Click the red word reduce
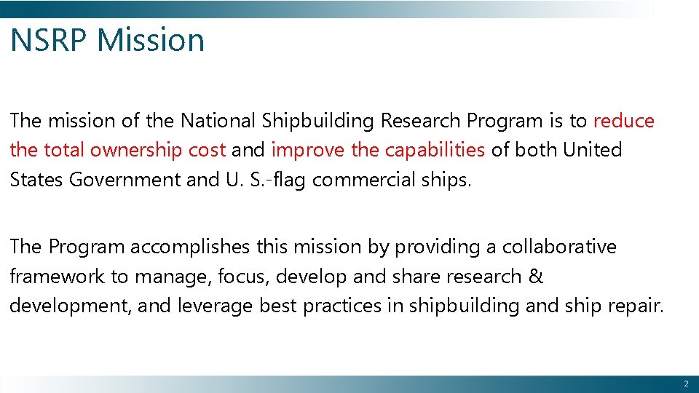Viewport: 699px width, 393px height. [624, 121]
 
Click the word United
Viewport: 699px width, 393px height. [595, 151]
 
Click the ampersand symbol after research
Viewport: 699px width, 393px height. [535, 277]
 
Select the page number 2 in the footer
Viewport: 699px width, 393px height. [685, 384]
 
